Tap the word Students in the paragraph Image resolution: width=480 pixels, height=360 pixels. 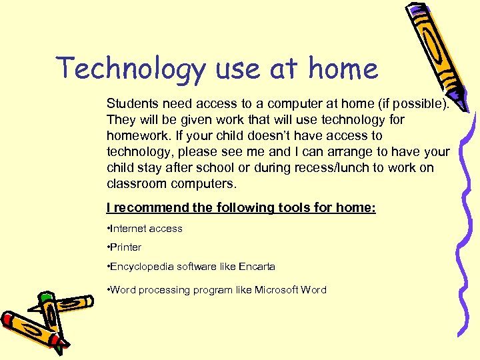tap(131, 105)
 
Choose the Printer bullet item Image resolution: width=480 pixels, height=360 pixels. tap(125, 247)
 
